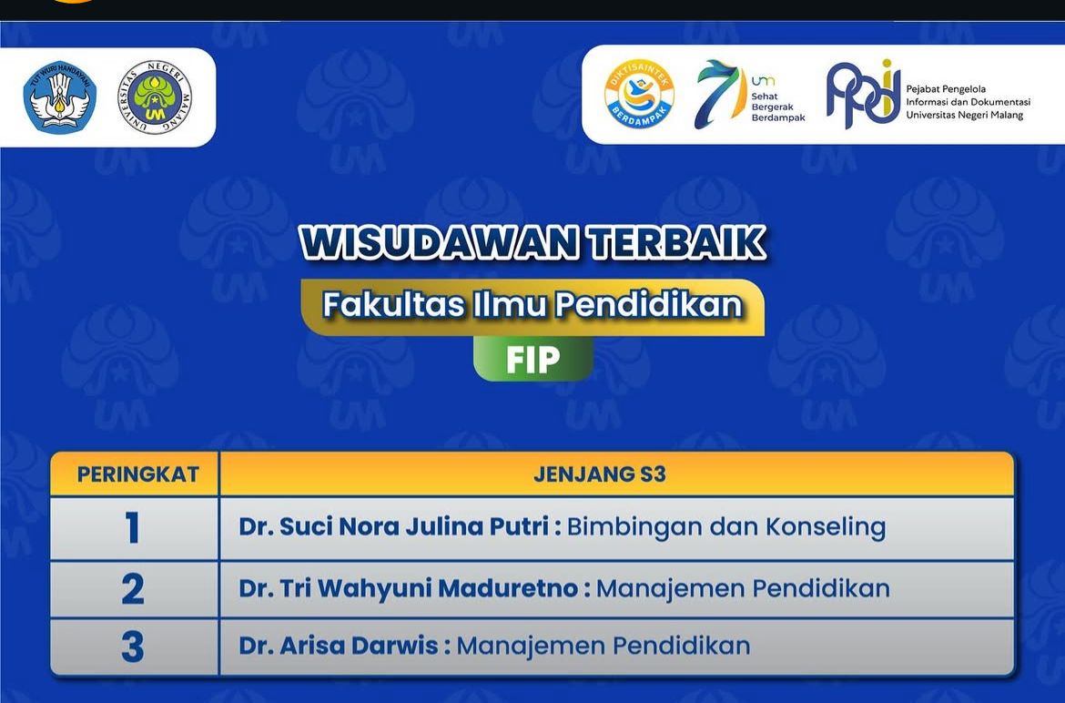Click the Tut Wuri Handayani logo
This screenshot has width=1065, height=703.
(60, 97)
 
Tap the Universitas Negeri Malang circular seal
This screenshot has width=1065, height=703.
(155, 97)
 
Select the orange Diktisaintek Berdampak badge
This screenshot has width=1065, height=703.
(639, 94)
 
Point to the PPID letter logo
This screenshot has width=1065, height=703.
(863, 94)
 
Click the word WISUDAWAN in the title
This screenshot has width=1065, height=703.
(441, 242)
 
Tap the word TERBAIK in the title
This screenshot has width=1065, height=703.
(678, 242)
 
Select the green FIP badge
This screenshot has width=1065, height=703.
(533, 360)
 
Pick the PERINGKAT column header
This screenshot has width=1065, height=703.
(137, 474)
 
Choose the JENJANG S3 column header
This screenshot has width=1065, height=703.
(600, 474)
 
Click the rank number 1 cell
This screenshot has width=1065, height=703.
(133, 528)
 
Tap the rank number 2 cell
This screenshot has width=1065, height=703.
(133, 588)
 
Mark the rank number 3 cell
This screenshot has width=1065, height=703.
(133, 647)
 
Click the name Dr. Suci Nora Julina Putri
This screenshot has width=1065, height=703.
(394, 526)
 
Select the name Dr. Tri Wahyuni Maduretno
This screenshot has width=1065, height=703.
(409, 587)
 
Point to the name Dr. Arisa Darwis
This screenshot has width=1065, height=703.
(339, 646)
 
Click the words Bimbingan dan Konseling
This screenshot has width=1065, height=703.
(726, 527)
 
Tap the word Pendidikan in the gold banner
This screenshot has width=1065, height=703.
(649, 304)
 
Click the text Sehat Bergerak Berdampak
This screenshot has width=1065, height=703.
(777, 107)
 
